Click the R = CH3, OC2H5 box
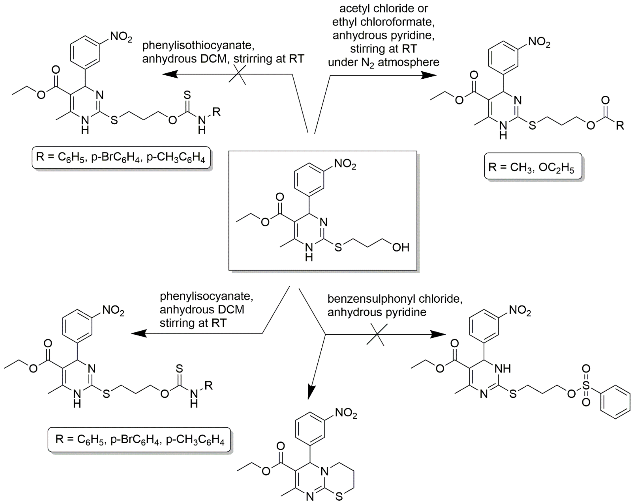coord(533,166)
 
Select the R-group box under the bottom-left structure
coord(139,439)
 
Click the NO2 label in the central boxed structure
coord(345,164)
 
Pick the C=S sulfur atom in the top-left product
coord(187,95)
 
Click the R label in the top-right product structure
coord(620,126)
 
